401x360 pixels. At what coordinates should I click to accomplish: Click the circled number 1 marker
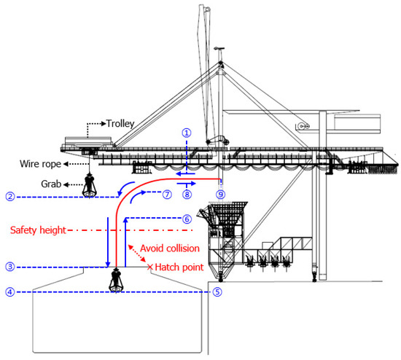[x=187, y=133]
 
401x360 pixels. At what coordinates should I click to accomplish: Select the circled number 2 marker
[x=9, y=196]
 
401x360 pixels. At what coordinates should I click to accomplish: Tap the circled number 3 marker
[x=9, y=266]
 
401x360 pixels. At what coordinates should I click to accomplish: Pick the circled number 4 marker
[x=9, y=292]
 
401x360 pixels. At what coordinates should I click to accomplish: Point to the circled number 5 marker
[x=217, y=292]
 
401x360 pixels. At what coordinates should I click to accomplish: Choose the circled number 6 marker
[x=186, y=218]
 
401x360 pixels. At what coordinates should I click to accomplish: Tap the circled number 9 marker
[x=220, y=195]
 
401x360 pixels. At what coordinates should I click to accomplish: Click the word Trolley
[x=121, y=124]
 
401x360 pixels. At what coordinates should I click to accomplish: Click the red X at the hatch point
[x=151, y=267]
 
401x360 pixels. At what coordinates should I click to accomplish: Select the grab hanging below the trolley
[x=91, y=186]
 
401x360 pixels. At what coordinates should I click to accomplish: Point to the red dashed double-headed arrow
[x=139, y=256]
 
